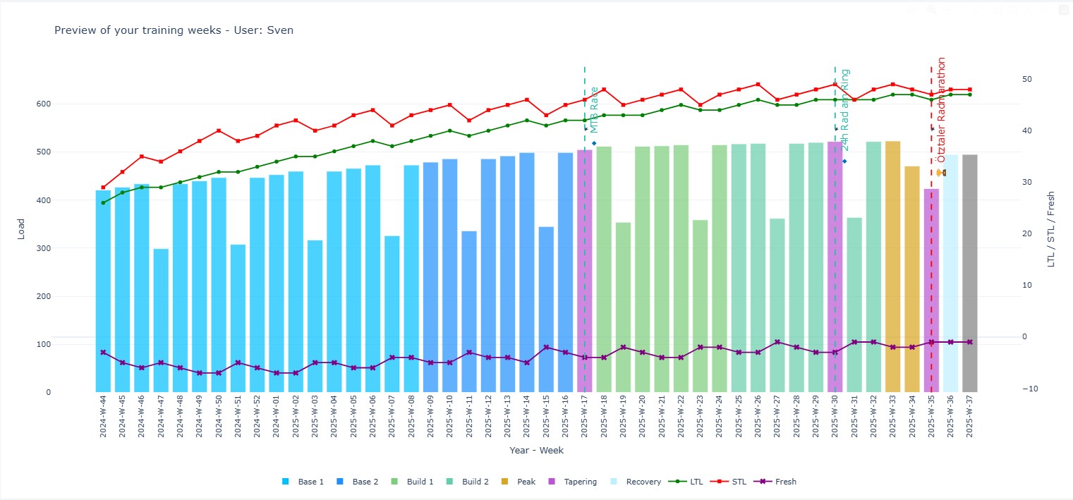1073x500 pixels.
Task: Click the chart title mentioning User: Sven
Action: [174, 30]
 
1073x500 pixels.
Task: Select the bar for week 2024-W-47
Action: [161, 320]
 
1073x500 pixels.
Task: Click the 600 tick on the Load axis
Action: [44, 104]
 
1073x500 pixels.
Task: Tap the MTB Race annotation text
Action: [594, 109]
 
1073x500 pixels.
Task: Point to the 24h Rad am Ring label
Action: [845, 109]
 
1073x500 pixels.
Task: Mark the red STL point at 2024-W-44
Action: [104, 188]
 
